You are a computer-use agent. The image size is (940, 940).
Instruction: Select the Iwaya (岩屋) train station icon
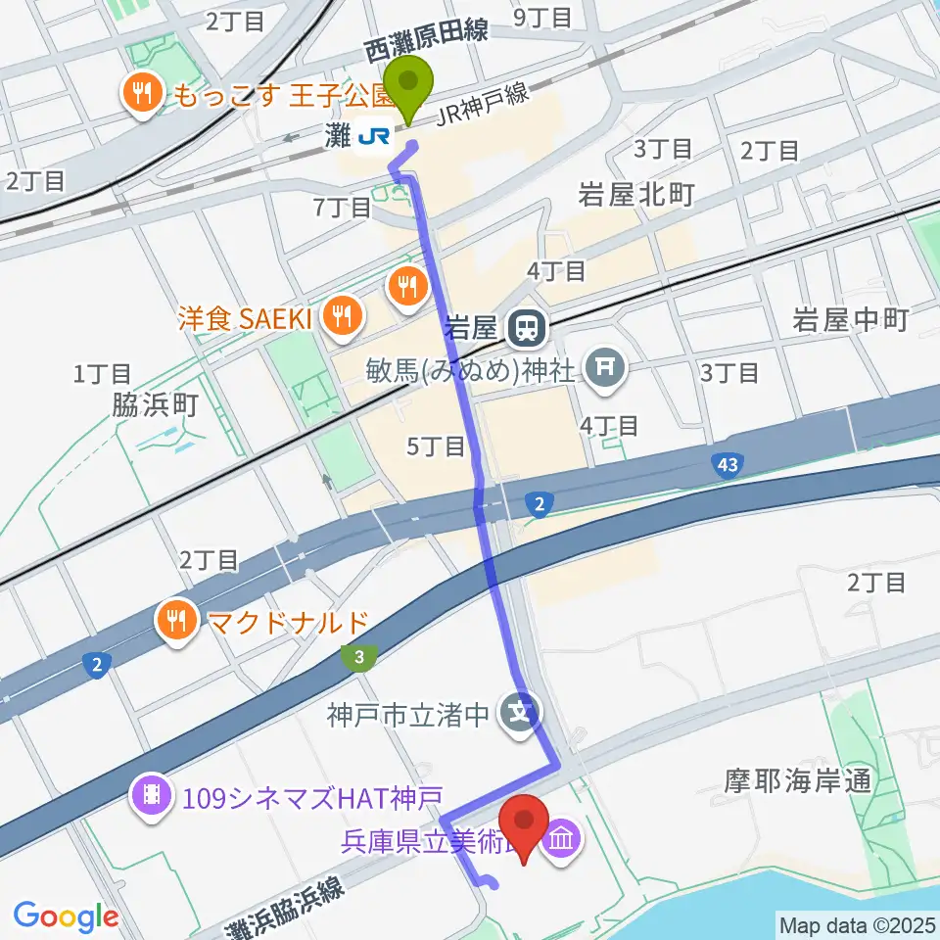tap(528, 327)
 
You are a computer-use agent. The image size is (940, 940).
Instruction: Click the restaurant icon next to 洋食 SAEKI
tap(342, 315)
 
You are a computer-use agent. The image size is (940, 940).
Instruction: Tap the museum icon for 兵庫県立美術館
tap(565, 839)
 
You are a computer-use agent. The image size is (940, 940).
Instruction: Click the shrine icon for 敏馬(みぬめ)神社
tap(602, 368)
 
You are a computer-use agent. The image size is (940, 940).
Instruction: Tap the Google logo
tap(66, 916)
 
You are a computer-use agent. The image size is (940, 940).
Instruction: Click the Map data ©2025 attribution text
tap(857, 923)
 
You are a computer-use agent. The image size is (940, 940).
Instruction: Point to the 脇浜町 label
tap(156, 406)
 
